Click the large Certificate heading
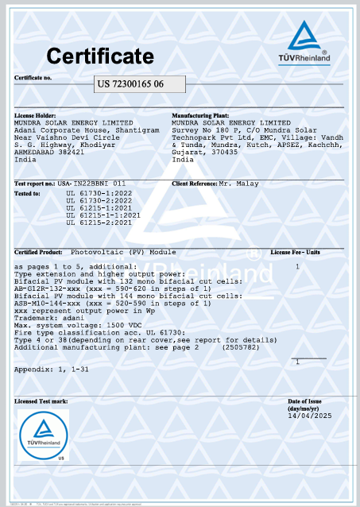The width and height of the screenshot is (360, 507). (x=99, y=56)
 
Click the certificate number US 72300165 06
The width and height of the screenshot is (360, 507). (x=131, y=83)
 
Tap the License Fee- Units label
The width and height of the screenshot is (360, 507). (x=295, y=251)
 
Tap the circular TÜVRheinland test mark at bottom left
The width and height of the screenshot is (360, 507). (x=44, y=437)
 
